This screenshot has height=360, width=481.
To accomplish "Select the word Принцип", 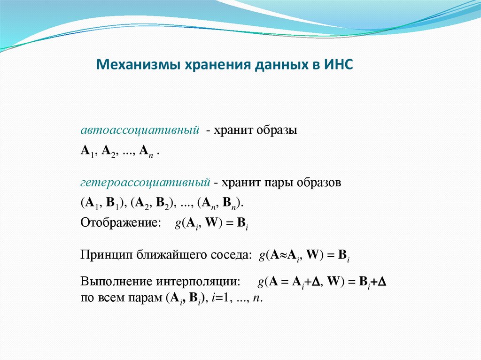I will point(107,255).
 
